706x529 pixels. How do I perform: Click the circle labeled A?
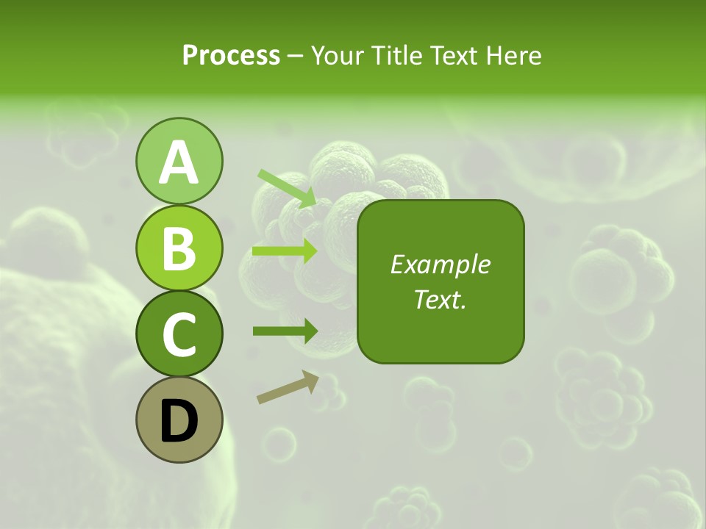click(179, 161)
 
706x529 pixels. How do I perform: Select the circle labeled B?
click(179, 248)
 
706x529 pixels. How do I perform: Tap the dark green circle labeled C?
click(179, 334)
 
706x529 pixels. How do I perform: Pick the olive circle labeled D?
click(179, 420)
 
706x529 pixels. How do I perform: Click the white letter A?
click(179, 162)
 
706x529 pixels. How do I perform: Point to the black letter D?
click(179, 421)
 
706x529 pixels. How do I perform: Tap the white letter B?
click(179, 248)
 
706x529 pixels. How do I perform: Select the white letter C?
click(179, 335)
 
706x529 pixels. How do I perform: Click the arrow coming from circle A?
click(287, 188)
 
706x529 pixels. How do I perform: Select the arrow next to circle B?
click(285, 251)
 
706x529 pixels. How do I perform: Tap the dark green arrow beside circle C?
click(285, 331)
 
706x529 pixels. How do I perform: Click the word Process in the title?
click(231, 56)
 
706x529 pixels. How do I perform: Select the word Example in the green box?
click(440, 264)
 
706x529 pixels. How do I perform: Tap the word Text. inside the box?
click(440, 299)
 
